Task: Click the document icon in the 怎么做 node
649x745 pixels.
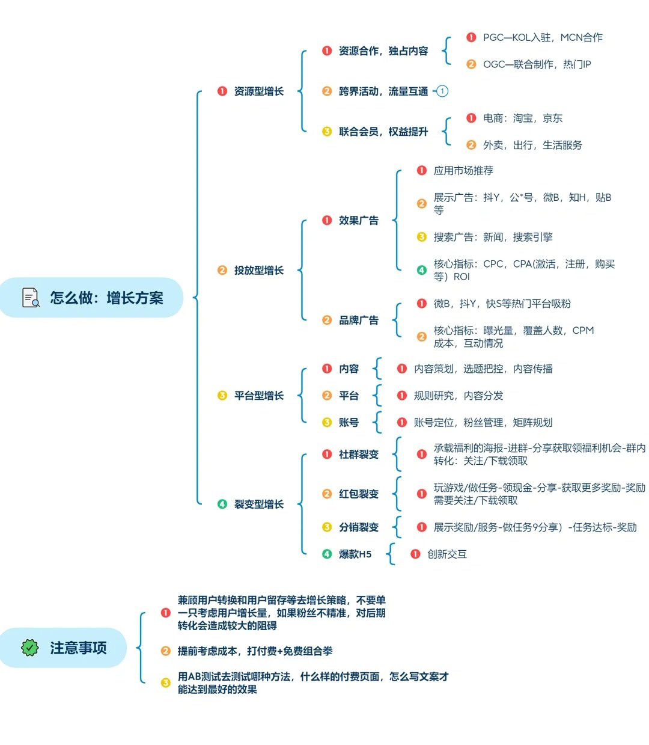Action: [31, 297]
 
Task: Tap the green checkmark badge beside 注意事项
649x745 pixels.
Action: [30, 648]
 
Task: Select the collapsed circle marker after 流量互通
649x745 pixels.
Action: [442, 91]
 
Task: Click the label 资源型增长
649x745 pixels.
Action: [258, 91]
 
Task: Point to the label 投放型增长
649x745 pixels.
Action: [258, 270]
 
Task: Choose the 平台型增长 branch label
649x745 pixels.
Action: [258, 396]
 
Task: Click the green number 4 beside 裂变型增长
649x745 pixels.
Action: [222, 504]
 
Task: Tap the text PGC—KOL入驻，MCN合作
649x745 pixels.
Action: [543, 37]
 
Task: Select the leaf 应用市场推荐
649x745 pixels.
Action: [463, 170]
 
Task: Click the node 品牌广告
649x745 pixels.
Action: [358, 320]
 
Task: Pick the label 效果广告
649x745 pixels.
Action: [358, 220]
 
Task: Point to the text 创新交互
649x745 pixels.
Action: [446, 554]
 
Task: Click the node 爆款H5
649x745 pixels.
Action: [355, 554]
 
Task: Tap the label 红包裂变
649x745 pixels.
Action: [358, 494]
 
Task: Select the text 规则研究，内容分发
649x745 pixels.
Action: [459, 396]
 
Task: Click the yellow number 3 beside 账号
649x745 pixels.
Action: [327, 422]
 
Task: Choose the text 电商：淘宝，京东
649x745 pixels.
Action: [522, 118]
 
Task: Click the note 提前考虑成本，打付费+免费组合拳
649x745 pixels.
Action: [255, 651]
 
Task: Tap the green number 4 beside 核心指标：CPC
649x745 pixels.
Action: [421, 270]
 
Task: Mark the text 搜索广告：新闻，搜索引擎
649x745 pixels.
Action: [493, 237]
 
